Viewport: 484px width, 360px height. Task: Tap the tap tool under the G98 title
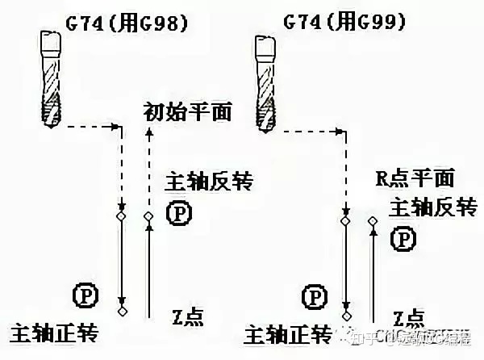pos(50,77)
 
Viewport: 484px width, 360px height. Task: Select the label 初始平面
pos(187,111)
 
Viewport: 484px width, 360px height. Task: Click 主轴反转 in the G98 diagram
pos(201,182)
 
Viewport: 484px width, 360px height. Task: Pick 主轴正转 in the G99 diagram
pos(287,333)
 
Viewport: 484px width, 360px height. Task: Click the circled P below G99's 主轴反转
pos(403,238)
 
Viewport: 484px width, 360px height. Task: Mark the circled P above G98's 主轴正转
pos(83,295)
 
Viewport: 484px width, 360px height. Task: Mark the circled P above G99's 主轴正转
pos(313,295)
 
